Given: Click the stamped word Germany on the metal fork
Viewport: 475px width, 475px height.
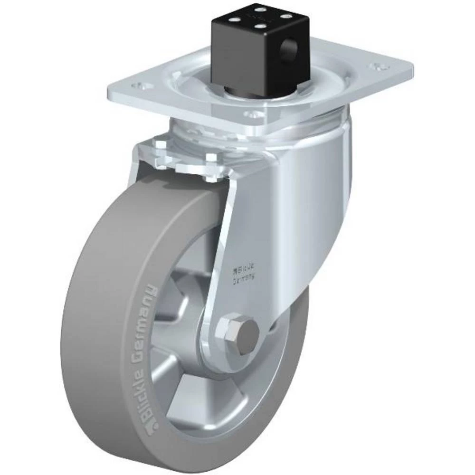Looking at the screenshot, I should click(243, 279).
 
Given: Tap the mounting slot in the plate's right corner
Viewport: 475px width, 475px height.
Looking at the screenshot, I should click(379, 66).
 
